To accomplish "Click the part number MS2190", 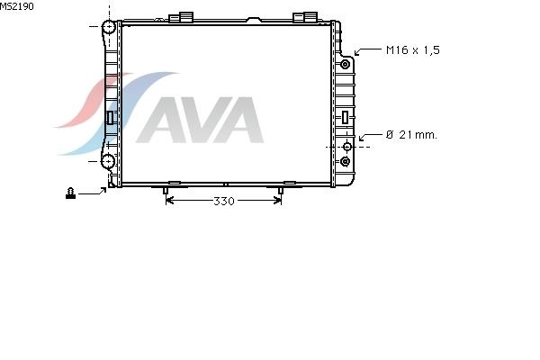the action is (17, 6).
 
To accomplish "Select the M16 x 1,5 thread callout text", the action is (413, 50).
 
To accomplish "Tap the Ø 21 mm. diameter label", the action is (411, 135).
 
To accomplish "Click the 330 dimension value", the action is (224, 201).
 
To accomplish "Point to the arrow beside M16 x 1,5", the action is (368, 51).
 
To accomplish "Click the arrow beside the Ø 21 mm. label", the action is (371, 136).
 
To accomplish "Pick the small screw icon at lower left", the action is (70, 193).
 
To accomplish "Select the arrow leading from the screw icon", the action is (93, 192).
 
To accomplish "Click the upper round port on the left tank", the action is (109, 27).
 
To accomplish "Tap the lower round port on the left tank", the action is (108, 161).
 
